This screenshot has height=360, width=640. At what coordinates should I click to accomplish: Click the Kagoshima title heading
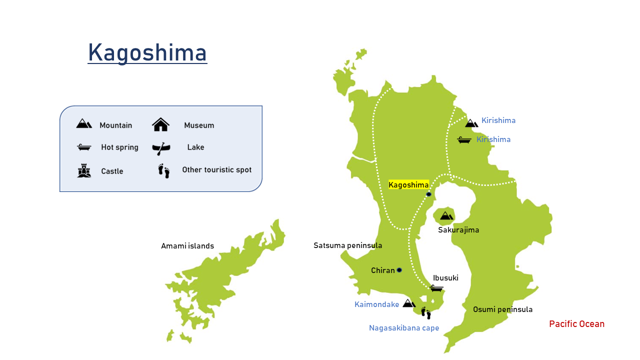coord(147,52)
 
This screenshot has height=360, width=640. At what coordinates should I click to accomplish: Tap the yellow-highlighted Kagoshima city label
coord(408,184)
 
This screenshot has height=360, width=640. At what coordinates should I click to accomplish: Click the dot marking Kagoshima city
coord(428,194)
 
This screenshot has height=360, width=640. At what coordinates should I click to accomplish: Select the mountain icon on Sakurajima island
coord(446,215)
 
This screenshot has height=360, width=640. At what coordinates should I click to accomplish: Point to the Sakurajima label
coord(458,230)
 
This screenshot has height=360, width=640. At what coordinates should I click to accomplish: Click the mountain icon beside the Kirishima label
coord(471,123)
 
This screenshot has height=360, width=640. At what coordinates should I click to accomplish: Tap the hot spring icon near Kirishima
coord(464,140)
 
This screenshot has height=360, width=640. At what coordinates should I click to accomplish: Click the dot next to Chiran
coord(399,270)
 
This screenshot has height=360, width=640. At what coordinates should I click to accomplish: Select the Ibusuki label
coord(445,278)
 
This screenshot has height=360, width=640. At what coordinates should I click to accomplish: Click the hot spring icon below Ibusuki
coord(436,288)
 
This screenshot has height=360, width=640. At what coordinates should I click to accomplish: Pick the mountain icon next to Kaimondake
coord(409,303)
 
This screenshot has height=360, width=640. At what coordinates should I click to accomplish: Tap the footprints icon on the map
coord(425,313)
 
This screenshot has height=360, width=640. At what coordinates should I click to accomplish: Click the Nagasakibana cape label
coord(404,328)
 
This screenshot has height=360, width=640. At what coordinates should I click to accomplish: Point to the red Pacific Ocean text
coord(576,324)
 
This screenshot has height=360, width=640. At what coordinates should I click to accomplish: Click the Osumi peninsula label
coord(502,309)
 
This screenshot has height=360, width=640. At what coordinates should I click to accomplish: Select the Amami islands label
coord(187,246)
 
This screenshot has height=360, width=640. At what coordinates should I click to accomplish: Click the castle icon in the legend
coord(84,171)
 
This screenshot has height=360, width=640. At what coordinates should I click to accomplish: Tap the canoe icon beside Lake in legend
coord(161,148)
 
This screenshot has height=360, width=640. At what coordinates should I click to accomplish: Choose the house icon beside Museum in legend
coord(160,124)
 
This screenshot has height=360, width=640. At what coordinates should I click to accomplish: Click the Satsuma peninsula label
coord(347,245)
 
